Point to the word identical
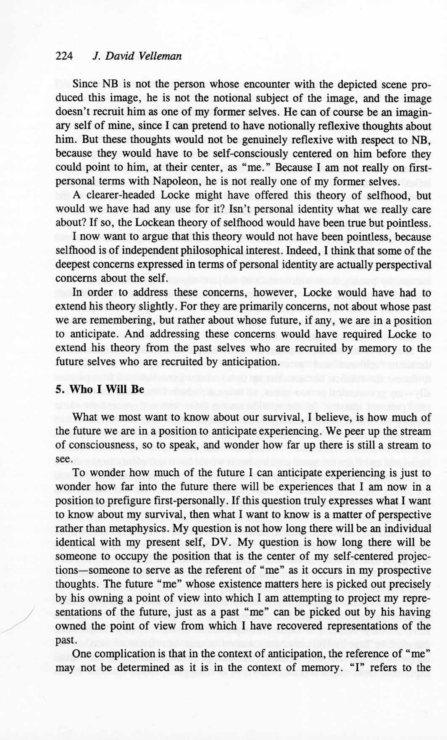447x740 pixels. [x=75, y=542]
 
